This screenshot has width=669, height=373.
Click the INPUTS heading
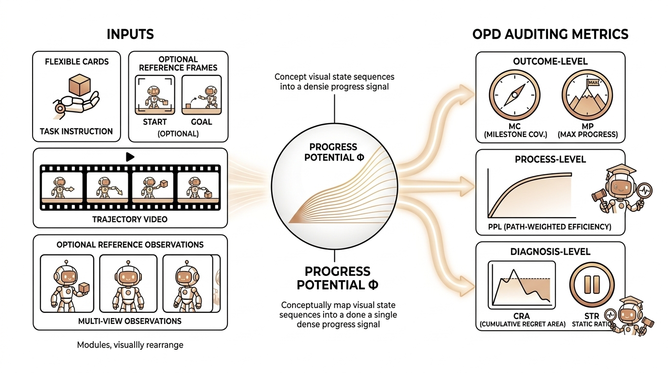(130, 34)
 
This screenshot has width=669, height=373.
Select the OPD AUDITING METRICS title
(550, 34)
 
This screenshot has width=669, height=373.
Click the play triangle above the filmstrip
(130, 156)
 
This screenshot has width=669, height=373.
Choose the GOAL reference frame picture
(201, 94)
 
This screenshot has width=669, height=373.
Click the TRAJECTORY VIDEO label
(130, 219)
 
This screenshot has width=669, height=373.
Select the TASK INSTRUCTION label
(76, 131)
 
